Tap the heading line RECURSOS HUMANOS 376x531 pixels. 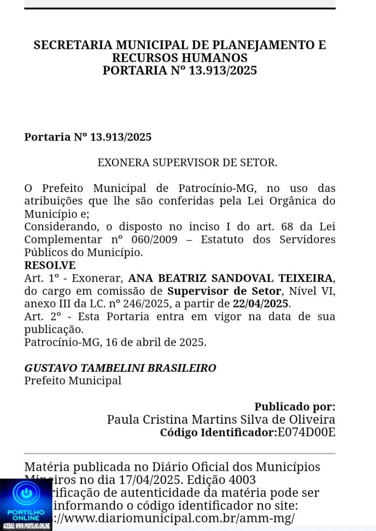tap(180, 58)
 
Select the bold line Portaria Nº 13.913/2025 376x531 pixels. tap(88, 137)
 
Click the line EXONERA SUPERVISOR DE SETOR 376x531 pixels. tap(188, 163)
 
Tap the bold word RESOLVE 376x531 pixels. tap(50, 265)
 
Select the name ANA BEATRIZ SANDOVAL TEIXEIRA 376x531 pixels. tap(231, 278)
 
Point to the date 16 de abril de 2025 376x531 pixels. tap(164, 342)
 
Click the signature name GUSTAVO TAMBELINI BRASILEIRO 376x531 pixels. tap(120, 368)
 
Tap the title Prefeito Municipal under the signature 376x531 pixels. tap(73, 381)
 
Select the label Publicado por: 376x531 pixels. tap(295, 407)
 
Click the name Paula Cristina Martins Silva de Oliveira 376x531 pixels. tap(221, 420)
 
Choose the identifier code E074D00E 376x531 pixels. tap(306, 433)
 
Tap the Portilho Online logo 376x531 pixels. tap(26, 505)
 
